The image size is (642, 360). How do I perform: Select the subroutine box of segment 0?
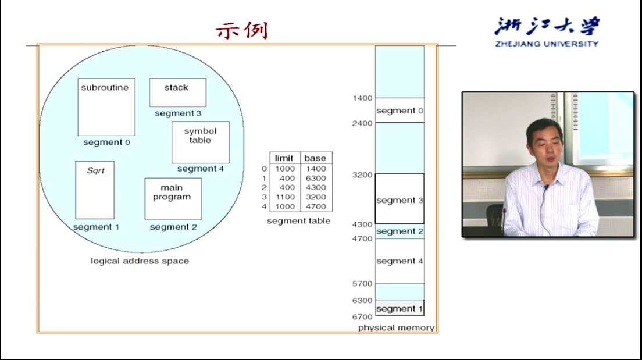(x=106, y=107)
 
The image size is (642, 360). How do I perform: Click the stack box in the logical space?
(x=178, y=92)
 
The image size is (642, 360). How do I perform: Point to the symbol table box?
(x=201, y=142)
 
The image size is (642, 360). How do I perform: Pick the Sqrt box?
(x=95, y=190)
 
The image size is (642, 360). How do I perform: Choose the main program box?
(x=173, y=199)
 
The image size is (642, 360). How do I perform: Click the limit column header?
(x=284, y=158)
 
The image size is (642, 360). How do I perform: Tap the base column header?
(x=315, y=158)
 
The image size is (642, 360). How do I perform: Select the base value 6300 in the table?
(x=316, y=178)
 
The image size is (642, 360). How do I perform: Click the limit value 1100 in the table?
(x=285, y=197)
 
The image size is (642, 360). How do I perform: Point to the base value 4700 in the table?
(x=316, y=206)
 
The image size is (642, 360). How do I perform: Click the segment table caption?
(x=298, y=221)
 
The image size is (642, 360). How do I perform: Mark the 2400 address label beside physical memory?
(x=362, y=123)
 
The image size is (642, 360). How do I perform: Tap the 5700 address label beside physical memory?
(x=362, y=283)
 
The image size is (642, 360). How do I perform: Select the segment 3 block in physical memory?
(x=400, y=199)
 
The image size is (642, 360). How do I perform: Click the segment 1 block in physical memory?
(x=400, y=308)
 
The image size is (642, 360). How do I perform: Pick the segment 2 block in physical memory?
(x=400, y=231)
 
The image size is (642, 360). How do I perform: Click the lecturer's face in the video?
(x=545, y=145)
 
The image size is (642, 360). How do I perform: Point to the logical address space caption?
(x=140, y=261)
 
